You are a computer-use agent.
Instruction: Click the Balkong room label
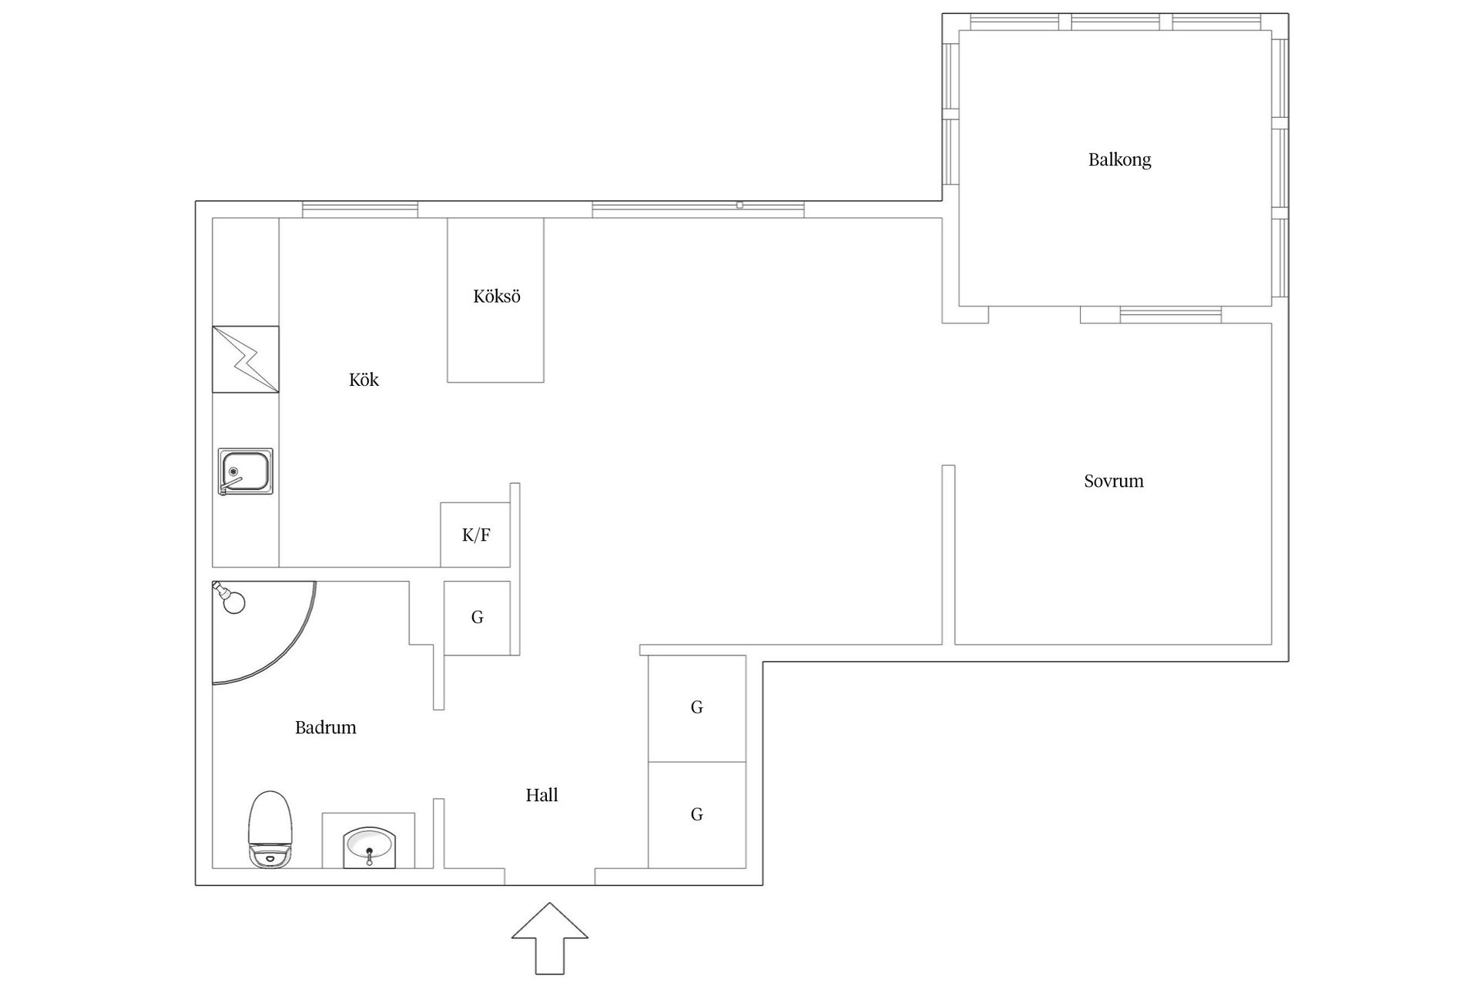(1119, 159)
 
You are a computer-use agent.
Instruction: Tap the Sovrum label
(1113, 481)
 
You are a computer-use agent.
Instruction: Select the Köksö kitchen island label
(496, 297)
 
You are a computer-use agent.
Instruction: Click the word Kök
(364, 380)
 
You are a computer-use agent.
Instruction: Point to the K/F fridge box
(475, 535)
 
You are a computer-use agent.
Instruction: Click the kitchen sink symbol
(245, 471)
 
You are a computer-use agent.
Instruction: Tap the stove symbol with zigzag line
(245, 359)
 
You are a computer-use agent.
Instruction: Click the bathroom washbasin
(369, 845)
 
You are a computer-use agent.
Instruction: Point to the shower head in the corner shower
(229, 598)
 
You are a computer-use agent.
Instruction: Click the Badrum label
(325, 727)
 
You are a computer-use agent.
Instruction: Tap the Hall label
(542, 795)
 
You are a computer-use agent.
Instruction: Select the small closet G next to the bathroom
(477, 618)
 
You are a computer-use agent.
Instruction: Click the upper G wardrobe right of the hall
(696, 708)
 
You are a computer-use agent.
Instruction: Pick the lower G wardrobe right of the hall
(696, 814)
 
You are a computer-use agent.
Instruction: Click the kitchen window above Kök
(360, 209)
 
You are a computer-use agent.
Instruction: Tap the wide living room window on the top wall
(698, 209)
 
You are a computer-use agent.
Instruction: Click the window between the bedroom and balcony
(1170, 314)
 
